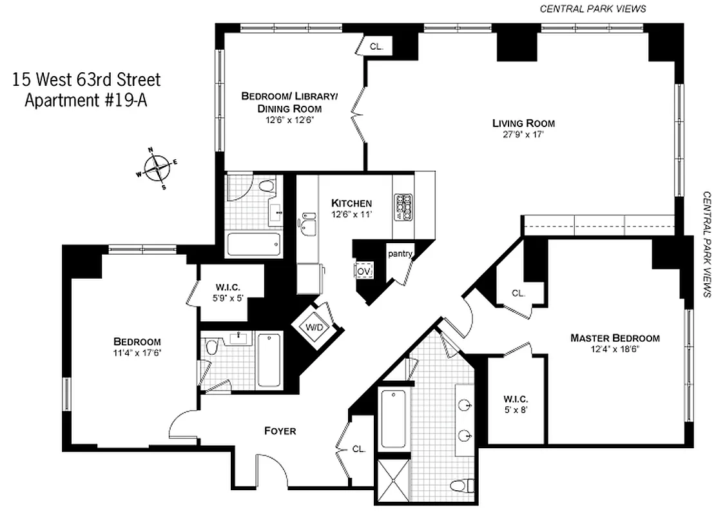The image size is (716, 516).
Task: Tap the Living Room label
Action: pyautogui.click(x=523, y=123)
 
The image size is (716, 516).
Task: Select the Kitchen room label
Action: pyautogui.click(x=351, y=203)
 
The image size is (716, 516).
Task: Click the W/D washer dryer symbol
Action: pyautogui.click(x=313, y=328)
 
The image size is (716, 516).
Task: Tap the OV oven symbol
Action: pyautogui.click(x=364, y=270)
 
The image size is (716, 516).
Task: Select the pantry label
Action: pyautogui.click(x=400, y=254)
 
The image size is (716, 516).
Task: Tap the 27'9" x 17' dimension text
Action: pyautogui.click(x=523, y=135)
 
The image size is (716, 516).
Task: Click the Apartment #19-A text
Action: pyautogui.click(x=86, y=101)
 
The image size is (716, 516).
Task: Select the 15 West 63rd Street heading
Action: pyautogui.click(x=86, y=80)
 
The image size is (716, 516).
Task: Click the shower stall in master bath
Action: pyautogui.click(x=392, y=480)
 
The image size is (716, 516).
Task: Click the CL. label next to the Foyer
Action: pyautogui.click(x=358, y=450)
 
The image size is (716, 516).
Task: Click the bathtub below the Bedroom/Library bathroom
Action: pyautogui.click(x=254, y=244)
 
